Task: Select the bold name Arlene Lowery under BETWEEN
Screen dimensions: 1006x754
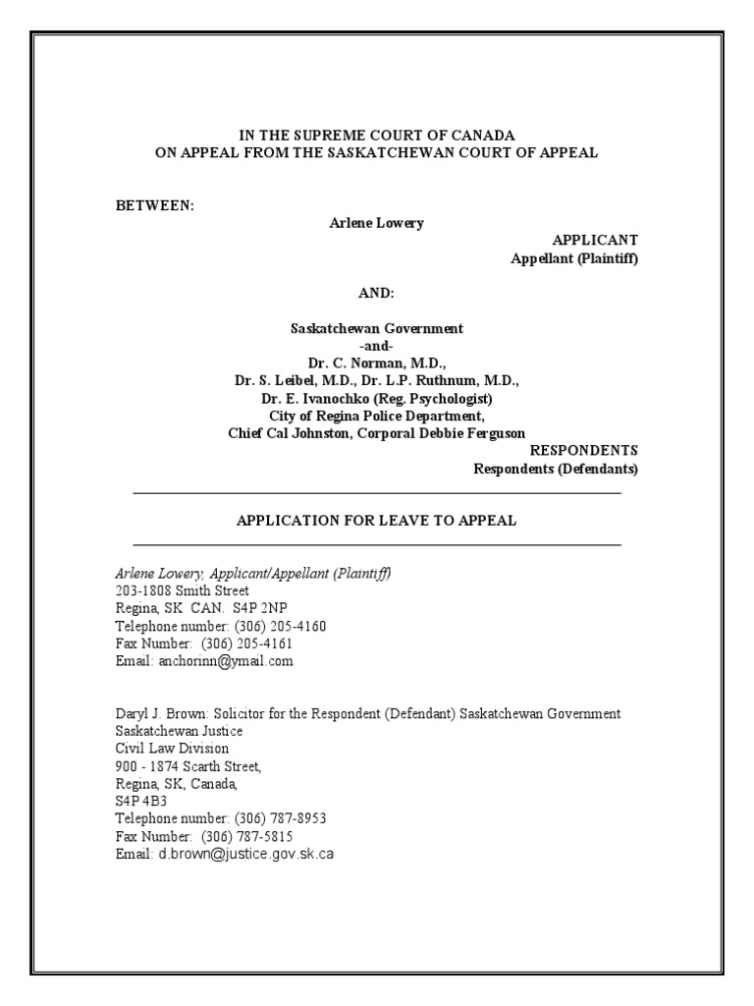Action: pos(376,223)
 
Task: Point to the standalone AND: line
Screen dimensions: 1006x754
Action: pos(376,294)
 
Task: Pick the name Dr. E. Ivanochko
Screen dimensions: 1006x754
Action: pos(324,399)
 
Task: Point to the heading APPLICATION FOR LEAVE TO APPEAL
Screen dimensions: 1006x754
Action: pos(376,521)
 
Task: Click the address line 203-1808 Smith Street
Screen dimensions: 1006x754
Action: pos(182,590)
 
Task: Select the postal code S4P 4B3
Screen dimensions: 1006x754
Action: pos(138,801)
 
